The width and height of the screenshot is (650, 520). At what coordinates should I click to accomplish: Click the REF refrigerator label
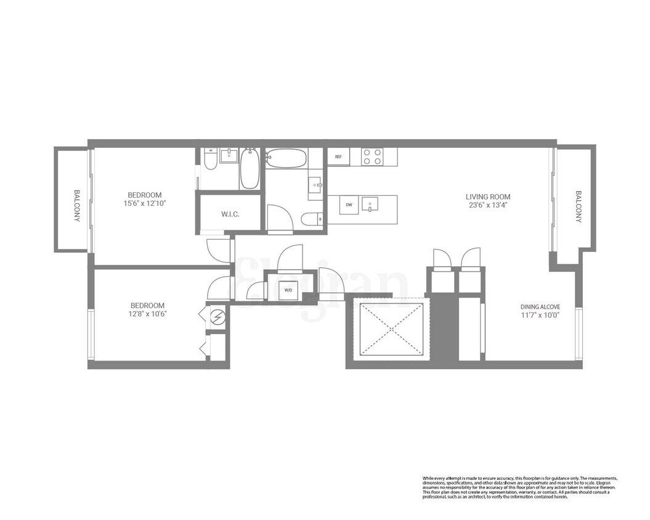(338, 157)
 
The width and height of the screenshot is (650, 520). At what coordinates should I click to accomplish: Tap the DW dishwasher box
(349, 205)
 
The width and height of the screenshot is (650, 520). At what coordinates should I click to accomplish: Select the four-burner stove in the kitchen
(372, 156)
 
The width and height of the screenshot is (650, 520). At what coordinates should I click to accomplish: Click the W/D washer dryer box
(288, 290)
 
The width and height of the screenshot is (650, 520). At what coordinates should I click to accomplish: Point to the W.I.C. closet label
(230, 214)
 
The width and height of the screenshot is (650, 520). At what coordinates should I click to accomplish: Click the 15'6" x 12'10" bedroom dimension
(145, 203)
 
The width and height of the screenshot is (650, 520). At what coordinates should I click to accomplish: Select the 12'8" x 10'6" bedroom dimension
(148, 314)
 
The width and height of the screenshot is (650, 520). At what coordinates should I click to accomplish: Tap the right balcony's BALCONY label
(579, 206)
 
